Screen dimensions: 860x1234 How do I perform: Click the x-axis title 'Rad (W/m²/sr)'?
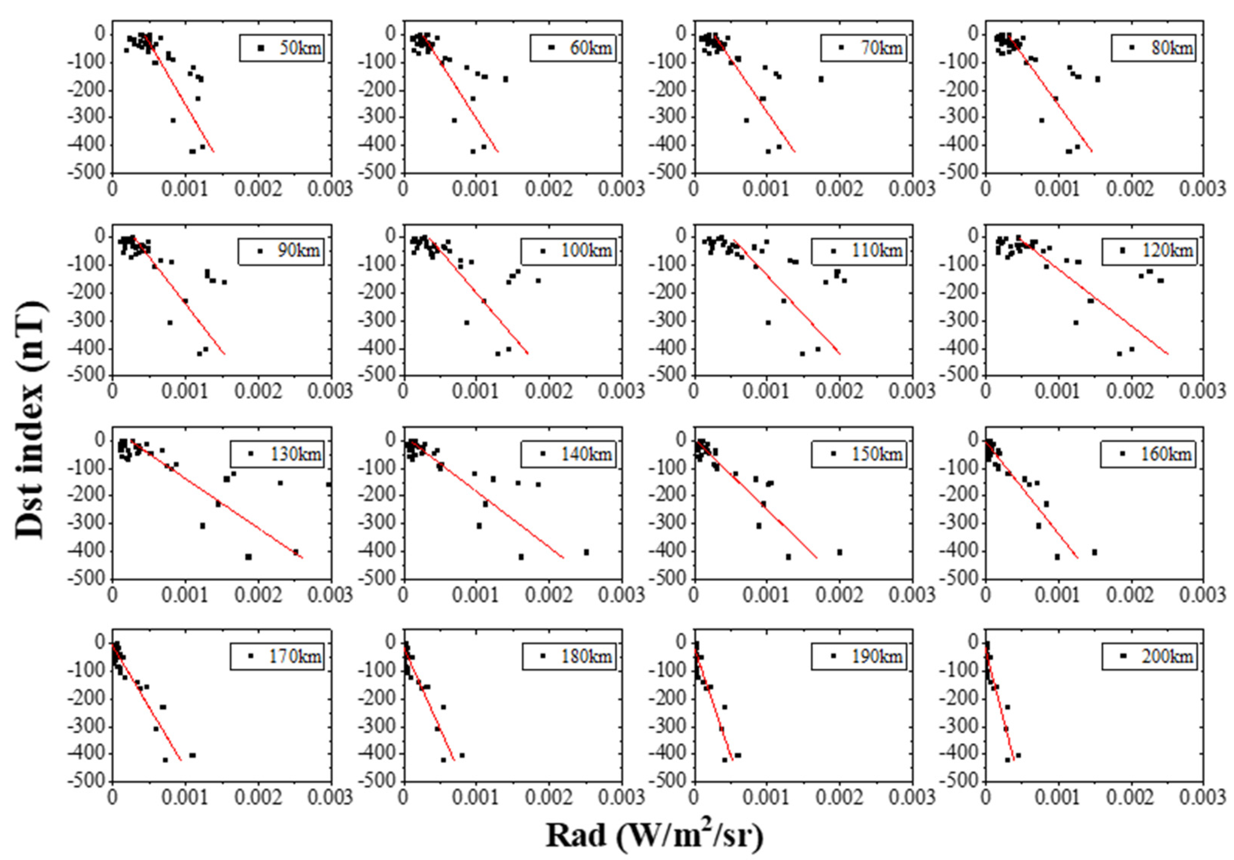tap(654, 835)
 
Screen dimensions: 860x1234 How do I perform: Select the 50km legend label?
tap(300, 48)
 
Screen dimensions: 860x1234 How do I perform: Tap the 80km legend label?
tap(1172, 48)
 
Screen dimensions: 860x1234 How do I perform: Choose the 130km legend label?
tap(295, 454)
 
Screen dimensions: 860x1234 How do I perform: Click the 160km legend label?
tap(1166, 454)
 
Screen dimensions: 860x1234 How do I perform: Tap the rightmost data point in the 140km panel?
tap(586, 552)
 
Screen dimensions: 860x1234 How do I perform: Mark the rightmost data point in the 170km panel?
tap(192, 755)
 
